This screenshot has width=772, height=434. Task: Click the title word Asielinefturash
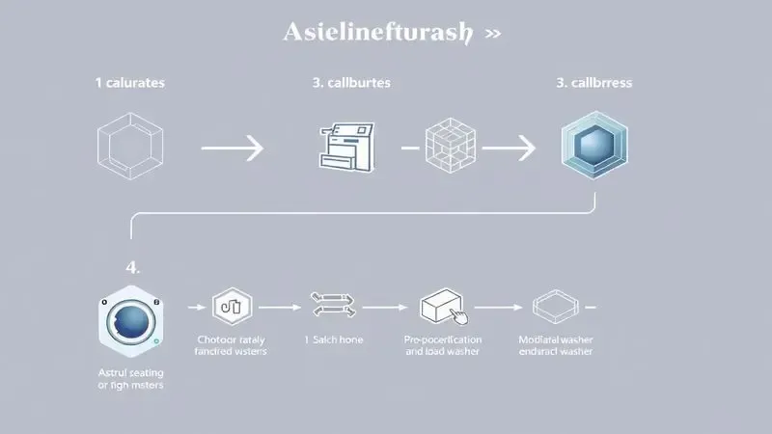coord(377,32)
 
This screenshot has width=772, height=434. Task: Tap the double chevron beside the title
coord(492,33)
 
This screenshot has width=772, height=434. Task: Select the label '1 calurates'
coord(129,83)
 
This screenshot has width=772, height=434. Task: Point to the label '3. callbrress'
coord(593,83)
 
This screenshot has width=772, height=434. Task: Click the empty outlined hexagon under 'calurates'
coord(131,149)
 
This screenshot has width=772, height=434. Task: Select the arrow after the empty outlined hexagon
coord(232,149)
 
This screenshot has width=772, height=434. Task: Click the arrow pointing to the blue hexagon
coord(508,149)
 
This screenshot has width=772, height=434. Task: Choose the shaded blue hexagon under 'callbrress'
coord(593,148)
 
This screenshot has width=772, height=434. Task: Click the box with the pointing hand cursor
coord(443,309)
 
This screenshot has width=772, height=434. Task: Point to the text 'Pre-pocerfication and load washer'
coord(443,346)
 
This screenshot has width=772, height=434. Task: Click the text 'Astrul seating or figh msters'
coord(132,378)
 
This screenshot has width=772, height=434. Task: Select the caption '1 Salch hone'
coord(334,340)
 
